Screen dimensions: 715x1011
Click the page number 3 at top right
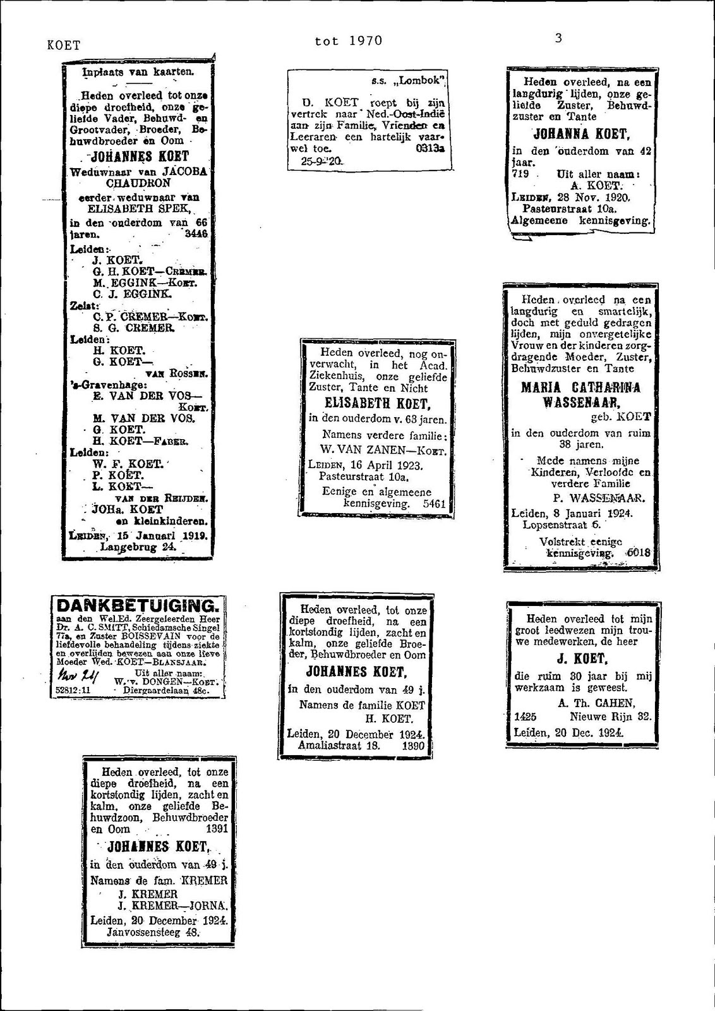coord(558,38)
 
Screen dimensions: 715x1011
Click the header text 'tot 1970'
coord(349,41)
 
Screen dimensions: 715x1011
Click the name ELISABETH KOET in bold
coord(377,404)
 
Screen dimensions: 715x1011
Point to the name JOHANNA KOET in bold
coord(581,134)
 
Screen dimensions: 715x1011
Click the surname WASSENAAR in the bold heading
coord(580,403)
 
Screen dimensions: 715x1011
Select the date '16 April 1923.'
coord(385,465)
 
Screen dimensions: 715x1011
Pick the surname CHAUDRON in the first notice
coord(138,183)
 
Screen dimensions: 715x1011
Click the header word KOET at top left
coord(64,45)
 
